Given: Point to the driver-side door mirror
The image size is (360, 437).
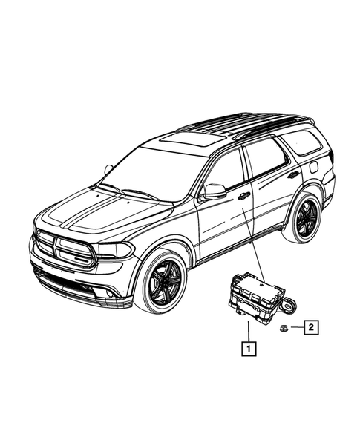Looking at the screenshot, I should point(214,191).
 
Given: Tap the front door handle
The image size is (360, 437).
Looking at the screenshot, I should point(243,196).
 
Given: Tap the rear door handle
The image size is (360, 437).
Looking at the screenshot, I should point(294,175).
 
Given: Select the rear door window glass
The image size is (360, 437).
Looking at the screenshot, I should point(264,157).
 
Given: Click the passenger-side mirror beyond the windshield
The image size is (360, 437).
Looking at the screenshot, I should point(108,170).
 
